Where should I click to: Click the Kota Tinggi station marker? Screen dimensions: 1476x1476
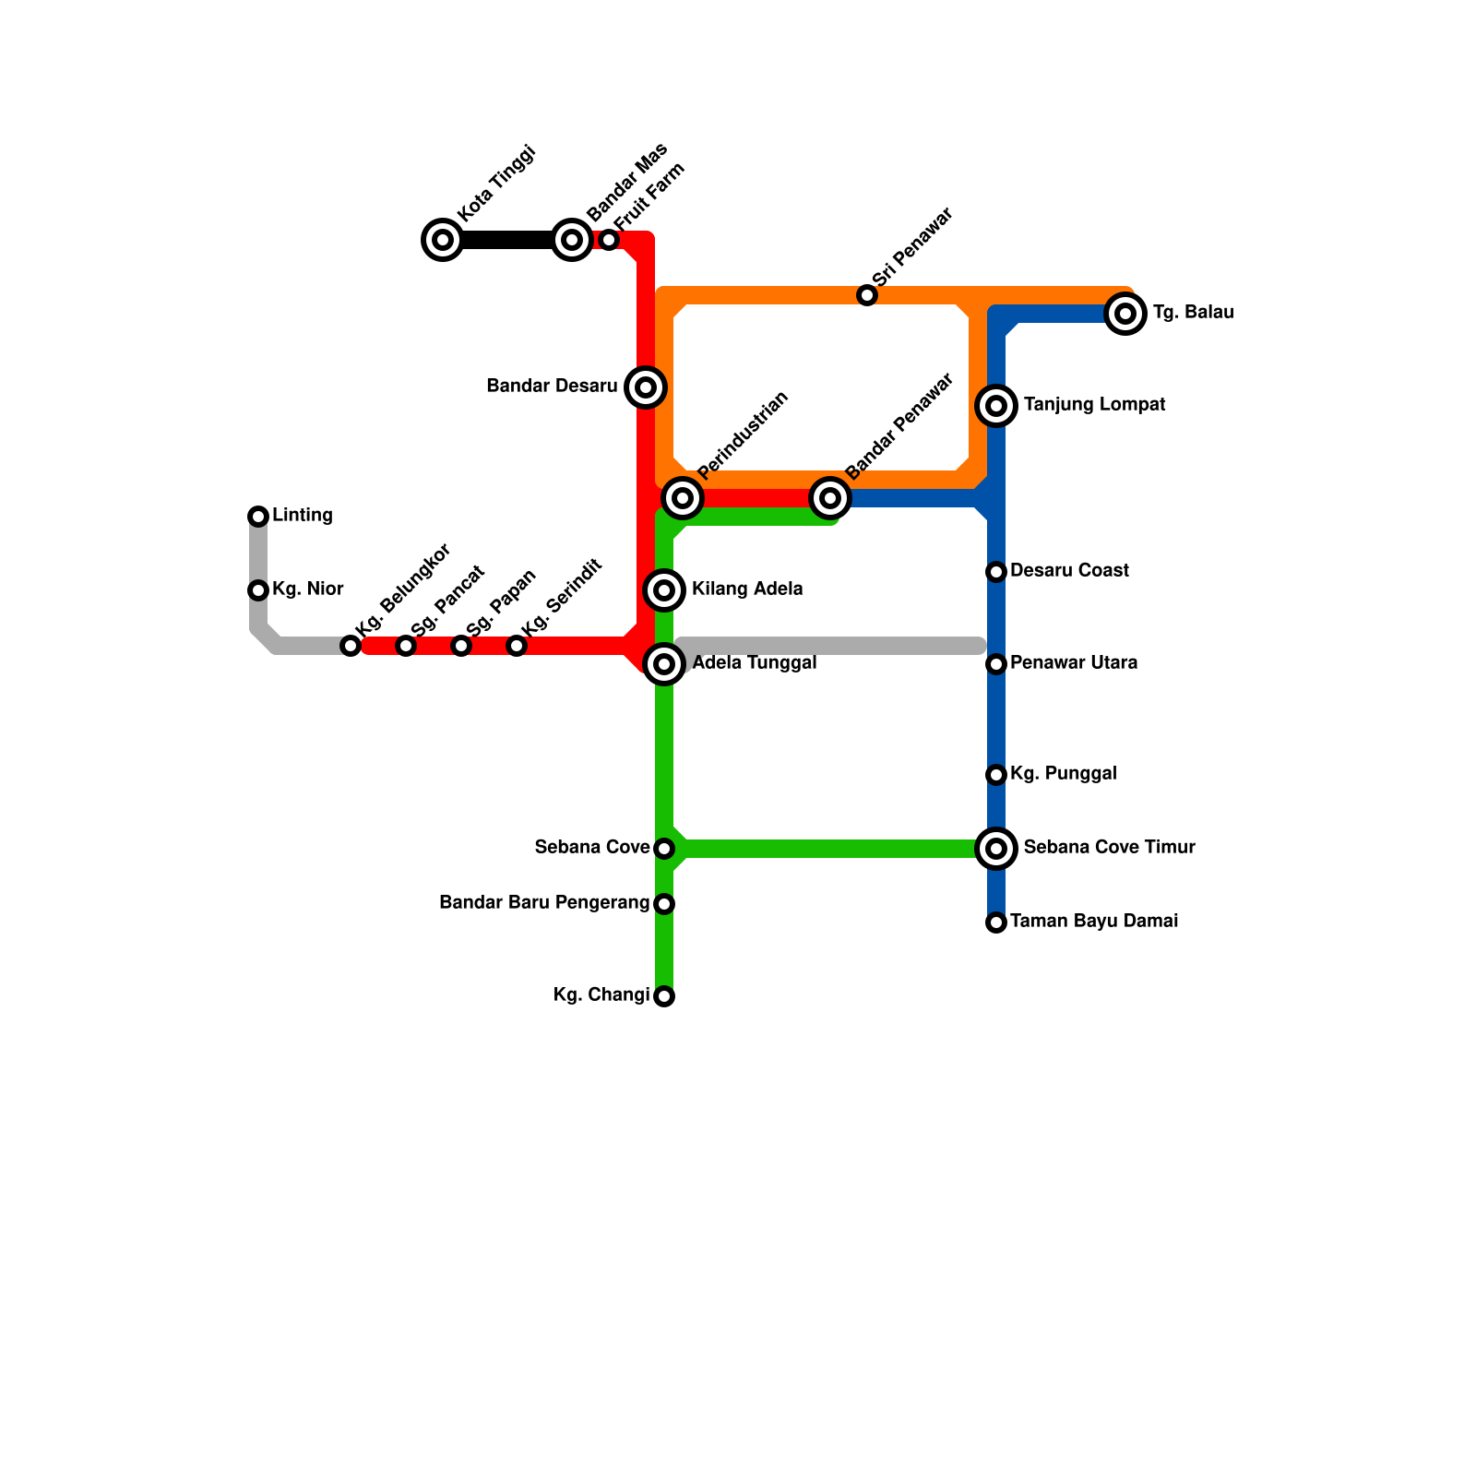(x=443, y=240)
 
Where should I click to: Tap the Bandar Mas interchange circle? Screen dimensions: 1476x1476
(x=572, y=240)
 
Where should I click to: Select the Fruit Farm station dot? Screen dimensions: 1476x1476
(x=609, y=240)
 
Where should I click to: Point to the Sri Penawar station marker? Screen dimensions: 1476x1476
(x=867, y=295)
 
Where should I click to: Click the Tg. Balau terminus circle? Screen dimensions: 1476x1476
(x=1125, y=314)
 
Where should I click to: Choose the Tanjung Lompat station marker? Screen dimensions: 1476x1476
(x=996, y=406)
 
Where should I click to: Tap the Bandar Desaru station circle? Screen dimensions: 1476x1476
(x=646, y=387)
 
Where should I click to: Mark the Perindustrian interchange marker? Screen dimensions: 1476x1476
(x=683, y=498)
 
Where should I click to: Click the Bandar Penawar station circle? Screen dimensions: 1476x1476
(x=830, y=498)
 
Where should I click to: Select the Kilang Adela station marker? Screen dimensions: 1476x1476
(x=664, y=590)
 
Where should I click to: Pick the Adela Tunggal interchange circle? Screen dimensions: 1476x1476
(x=664, y=664)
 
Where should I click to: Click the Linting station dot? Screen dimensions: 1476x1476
(x=258, y=517)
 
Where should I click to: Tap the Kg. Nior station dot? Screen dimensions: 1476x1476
(x=258, y=590)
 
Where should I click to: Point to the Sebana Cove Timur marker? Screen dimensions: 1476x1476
(x=996, y=849)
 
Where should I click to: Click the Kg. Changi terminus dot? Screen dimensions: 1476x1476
(x=664, y=996)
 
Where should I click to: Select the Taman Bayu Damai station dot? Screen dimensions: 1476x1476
(x=996, y=922)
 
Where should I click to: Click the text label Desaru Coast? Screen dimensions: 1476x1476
(x=1069, y=571)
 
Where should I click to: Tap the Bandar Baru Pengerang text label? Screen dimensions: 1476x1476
(x=544, y=903)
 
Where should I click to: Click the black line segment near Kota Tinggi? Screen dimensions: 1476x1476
(x=507, y=240)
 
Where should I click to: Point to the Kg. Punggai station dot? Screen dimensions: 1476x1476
(x=996, y=775)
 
